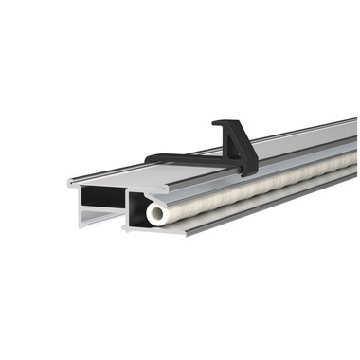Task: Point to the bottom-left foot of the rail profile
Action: (83, 219)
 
